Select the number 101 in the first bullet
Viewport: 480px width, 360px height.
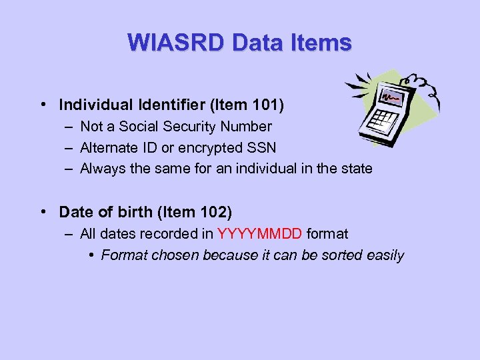[x=267, y=105]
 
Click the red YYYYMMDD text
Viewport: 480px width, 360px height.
[x=260, y=233]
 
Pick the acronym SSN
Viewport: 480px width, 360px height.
[x=261, y=147]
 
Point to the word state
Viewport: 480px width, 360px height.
[x=355, y=169]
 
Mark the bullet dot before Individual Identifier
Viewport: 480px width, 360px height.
[x=42, y=105]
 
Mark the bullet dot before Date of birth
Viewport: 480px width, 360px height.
[x=42, y=213]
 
